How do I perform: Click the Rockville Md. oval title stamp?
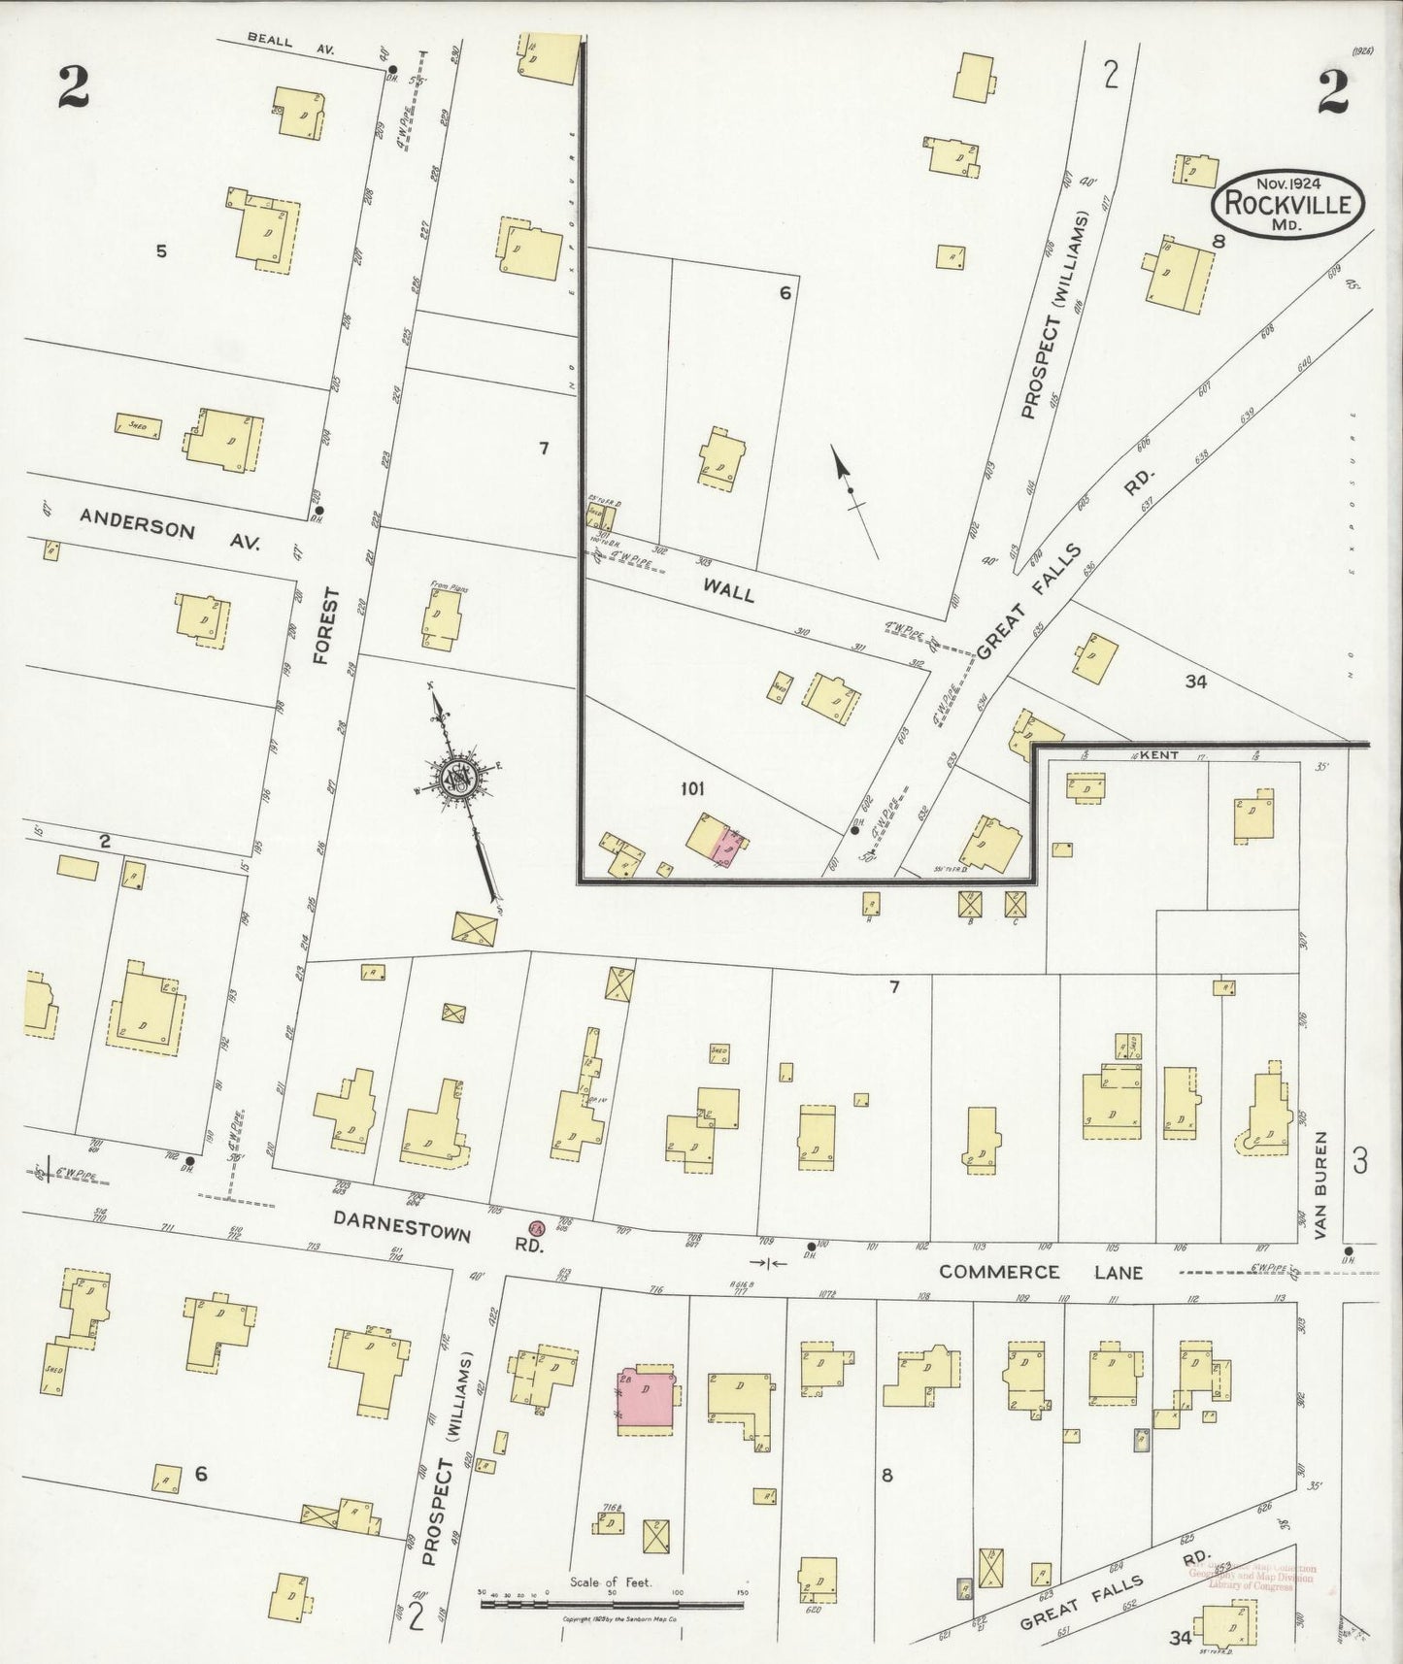[x=1286, y=203]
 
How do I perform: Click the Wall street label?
[x=728, y=591]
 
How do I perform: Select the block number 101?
[x=691, y=789]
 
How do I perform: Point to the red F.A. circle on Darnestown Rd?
[x=535, y=1228]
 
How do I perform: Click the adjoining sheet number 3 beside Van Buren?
[x=1360, y=1160]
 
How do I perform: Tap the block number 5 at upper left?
[x=161, y=252]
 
